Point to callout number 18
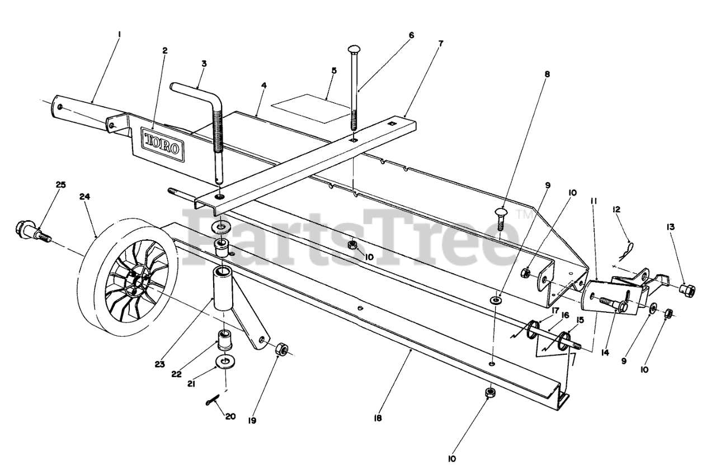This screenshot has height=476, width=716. (378, 417)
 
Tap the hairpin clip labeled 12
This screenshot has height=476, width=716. (629, 247)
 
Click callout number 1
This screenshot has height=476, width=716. (119, 34)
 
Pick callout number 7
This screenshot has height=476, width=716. (440, 42)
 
